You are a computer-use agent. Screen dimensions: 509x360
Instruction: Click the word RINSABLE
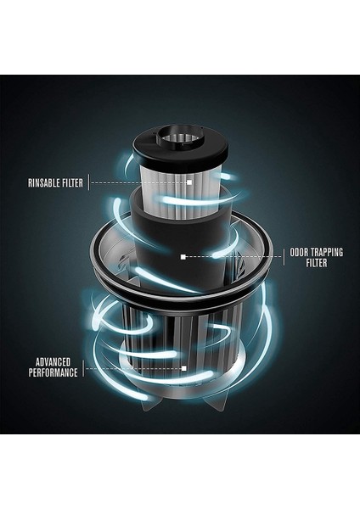[x=42, y=181]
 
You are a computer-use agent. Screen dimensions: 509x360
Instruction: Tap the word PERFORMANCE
[x=52, y=372]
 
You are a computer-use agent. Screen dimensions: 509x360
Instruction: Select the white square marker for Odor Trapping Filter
[x=183, y=255]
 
